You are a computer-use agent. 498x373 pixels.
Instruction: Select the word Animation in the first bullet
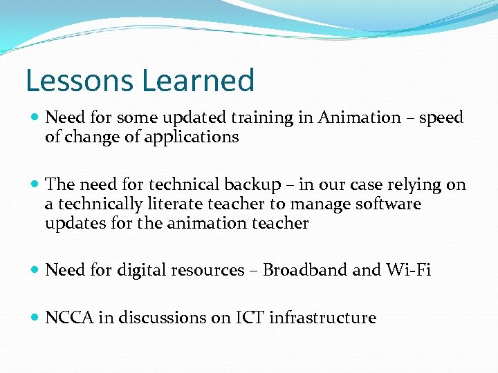click(359, 118)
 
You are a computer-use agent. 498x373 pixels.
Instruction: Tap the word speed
click(441, 118)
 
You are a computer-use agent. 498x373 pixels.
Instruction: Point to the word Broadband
click(305, 271)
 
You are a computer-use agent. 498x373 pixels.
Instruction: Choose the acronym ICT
click(250, 318)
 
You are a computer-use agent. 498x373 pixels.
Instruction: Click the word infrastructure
click(322, 318)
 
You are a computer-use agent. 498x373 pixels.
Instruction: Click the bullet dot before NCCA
click(35, 318)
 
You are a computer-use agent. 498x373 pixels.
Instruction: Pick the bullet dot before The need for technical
click(35, 185)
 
